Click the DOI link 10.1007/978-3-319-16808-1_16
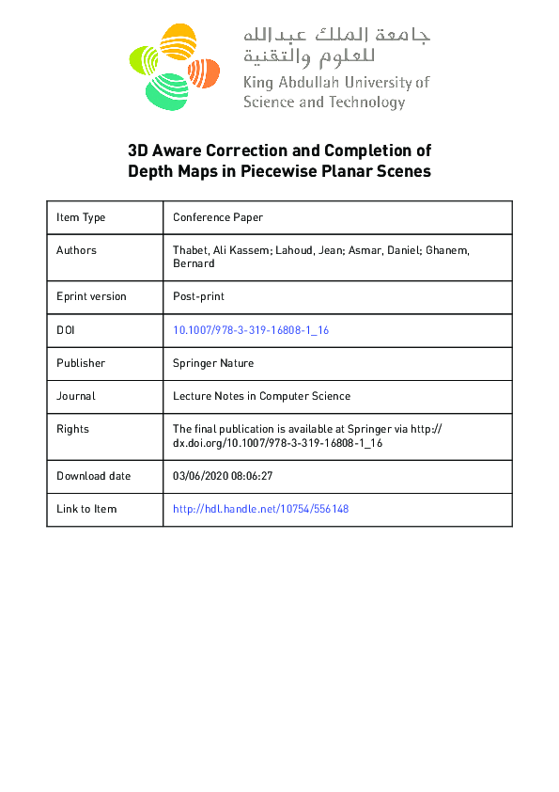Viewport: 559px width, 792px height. click(251, 330)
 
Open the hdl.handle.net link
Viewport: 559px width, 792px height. click(261, 509)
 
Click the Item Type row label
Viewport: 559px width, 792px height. click(81, 217)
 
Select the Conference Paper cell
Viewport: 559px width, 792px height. click(218, 217)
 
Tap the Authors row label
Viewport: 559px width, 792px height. click(76, 250)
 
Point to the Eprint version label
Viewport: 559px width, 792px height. click(91, 296)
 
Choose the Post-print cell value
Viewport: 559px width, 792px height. click(198, 296)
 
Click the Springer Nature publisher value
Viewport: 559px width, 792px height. click(213, 363)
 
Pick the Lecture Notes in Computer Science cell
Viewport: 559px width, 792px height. click(262, 396)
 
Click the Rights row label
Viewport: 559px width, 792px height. click(72, 429)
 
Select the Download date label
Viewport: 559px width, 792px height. click(94, 476)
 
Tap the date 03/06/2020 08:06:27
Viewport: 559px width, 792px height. click(223, 476)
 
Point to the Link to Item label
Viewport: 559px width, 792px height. click(86, 509)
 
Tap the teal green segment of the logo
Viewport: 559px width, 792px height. click(165, 90)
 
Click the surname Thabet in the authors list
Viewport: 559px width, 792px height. click(192, 250)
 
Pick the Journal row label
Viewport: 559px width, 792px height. click(76, 396)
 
